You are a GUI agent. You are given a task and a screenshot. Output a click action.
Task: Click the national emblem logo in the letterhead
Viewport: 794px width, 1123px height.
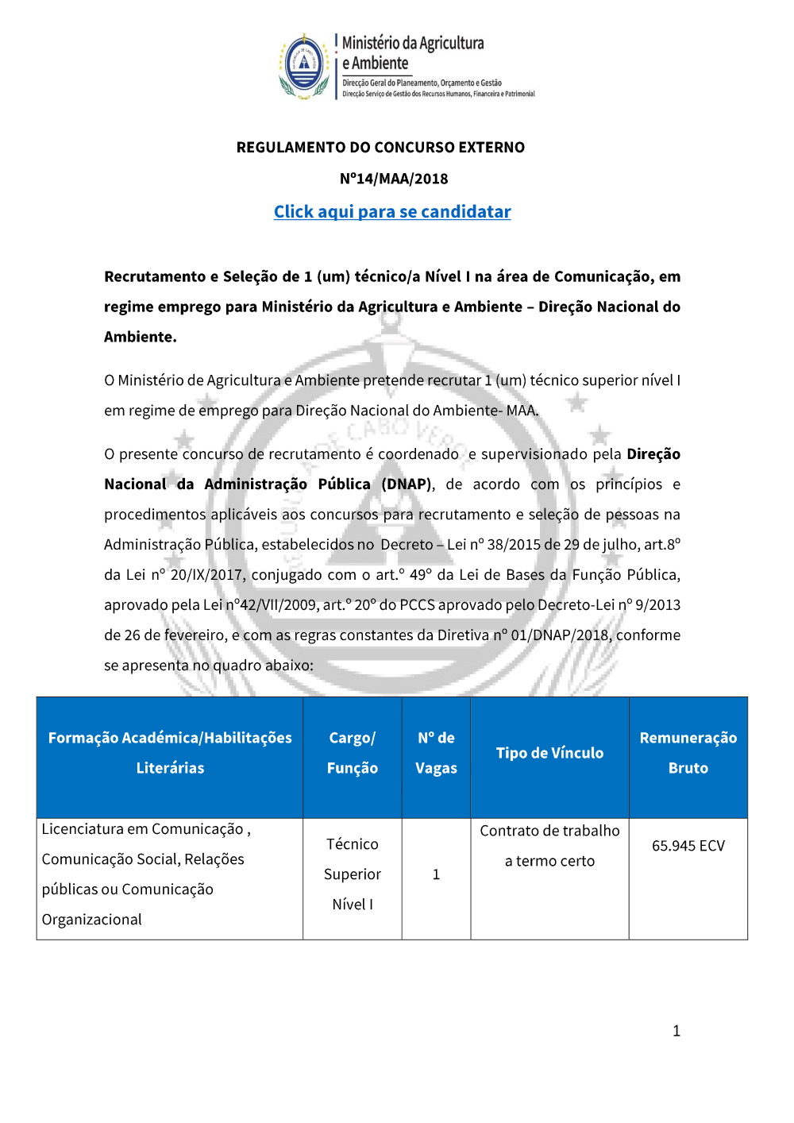pyautogui.click(x=304, y=65)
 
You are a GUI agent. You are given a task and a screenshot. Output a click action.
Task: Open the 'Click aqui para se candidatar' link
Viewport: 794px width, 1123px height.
pyautogui.click(x=392, y=212)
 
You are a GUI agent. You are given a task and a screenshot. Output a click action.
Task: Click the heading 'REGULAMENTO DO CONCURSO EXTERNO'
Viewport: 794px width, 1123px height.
pyautogui.click(x=380, y=148)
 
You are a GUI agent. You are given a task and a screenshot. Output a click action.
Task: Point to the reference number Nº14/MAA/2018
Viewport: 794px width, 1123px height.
pyautogui.click(x=394, y=179)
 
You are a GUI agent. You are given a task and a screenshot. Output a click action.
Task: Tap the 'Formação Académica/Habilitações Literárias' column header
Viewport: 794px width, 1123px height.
pyautogui.click(x=170, y=753)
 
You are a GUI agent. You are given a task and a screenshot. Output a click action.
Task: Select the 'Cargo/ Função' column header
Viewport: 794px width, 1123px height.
pyautogui.click(x=353, y=753)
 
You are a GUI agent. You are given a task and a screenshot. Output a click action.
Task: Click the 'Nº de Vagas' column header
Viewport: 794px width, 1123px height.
pyautogui.click(x=436, y=753)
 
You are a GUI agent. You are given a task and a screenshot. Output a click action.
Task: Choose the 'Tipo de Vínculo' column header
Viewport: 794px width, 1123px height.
pyautogui.click(x=549, y=753)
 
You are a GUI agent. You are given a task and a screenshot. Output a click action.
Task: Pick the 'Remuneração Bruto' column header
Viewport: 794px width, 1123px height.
pyautogui.click(x=688, y=753)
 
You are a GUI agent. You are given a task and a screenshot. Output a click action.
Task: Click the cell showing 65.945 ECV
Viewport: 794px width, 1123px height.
pyautogui.click(x=688, y=846)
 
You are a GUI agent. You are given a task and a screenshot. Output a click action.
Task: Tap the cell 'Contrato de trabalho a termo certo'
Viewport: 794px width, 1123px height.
pyautogui.click(x=549, y=846)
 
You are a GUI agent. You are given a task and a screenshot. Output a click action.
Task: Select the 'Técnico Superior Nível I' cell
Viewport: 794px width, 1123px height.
pyautogui.click(x=353, y=874)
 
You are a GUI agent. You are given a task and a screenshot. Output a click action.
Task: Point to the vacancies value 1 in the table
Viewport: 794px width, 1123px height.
pyautogui.click(x=436, y=874)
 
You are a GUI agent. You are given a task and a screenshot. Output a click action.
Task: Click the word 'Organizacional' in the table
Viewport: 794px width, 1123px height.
pyautogui.click(x=92, y=920)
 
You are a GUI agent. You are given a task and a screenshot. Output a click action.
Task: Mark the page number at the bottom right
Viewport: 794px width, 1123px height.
pyautogui.click(x=676, y=1031)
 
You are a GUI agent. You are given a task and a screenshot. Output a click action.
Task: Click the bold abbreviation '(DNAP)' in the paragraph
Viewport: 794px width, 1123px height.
pyautogui.click(x=408, y=484)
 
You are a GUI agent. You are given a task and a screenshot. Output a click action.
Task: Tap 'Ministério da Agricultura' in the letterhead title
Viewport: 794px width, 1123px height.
pyautogui.click(x=413, y=43)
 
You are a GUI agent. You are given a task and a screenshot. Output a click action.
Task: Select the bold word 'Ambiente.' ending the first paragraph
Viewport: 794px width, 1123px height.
pyautogui.click(x=141, y=337)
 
